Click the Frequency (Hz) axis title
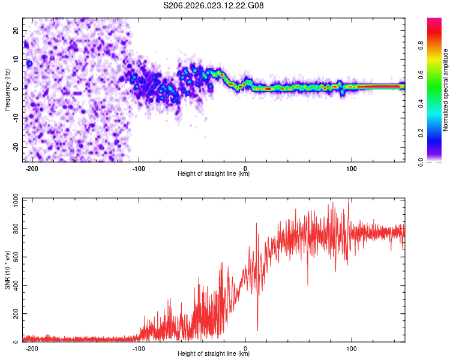(7, 89)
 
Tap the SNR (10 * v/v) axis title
(7, 270)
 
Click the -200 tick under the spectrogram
(32, 169)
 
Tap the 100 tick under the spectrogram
(352, 169)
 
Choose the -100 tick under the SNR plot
(139, 349)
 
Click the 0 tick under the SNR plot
(245, 349)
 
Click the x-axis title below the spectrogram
(214, 175)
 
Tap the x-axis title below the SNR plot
(214, 355)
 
